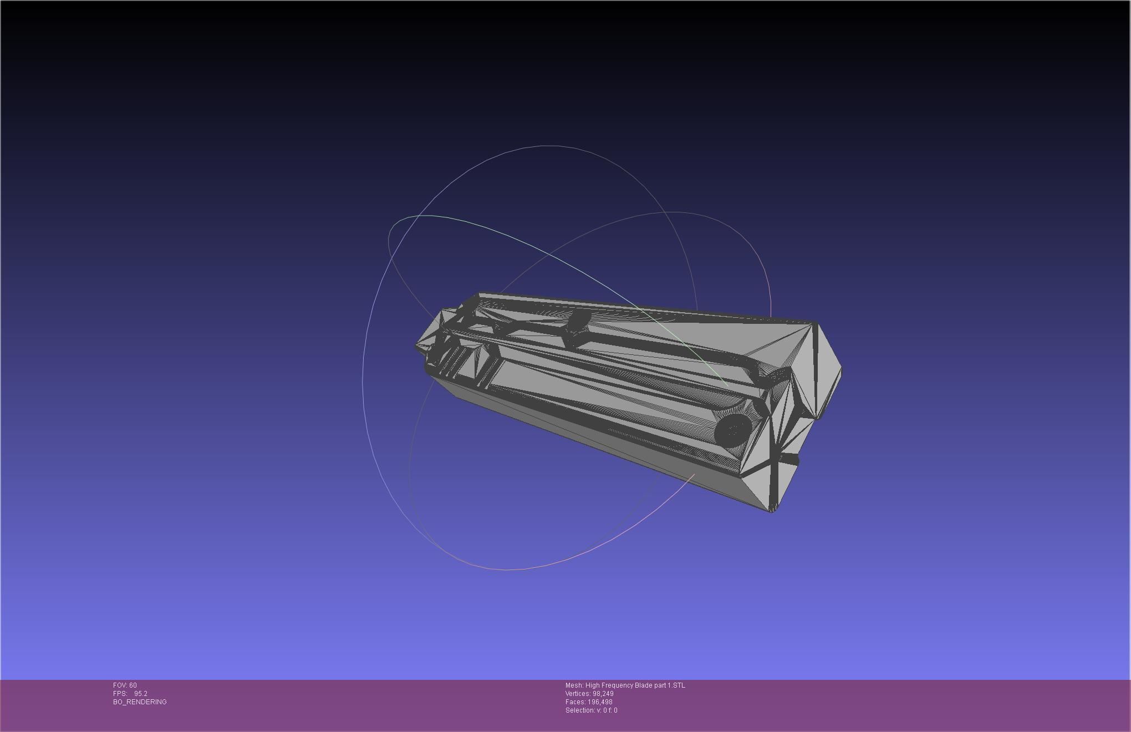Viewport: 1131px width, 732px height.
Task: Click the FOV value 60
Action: coord(133,685)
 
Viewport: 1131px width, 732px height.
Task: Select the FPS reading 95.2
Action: coord(140,694)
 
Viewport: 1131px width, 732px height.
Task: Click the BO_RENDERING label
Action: coord(140,702)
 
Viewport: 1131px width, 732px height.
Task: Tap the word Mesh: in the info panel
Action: coord(574,685)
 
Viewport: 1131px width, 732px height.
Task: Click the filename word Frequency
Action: coord(617,685)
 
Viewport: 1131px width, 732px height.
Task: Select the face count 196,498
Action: coord(600,702)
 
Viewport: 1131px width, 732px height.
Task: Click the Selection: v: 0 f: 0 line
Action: coord(591,710)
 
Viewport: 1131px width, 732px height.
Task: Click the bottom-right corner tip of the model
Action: coord(771,511)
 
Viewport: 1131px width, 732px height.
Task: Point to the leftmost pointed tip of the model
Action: coord(416,346)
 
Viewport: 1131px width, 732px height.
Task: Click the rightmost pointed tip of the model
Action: coord(841,369)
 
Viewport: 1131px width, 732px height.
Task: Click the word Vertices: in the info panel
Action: coord(578,694)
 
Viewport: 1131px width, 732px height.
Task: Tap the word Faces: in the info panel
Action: coord(574,702)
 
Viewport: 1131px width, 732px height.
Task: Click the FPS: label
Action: coord(120,694)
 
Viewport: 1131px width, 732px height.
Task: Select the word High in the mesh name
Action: coord(592,685)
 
